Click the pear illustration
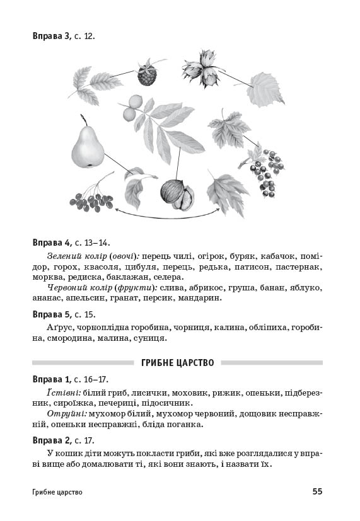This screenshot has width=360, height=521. (x=86, y=146)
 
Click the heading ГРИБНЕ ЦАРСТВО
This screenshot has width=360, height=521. (x=178, y=363)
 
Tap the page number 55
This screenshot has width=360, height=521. (x=317, y=491)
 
